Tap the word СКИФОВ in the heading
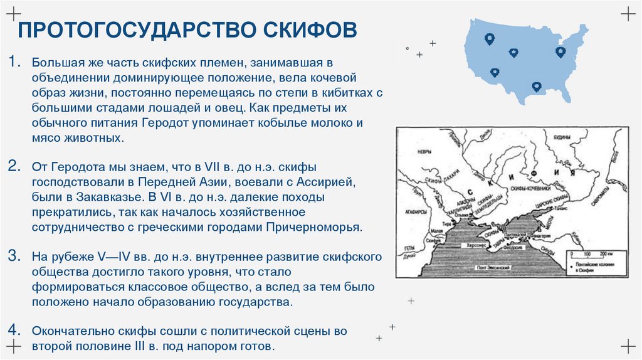pos(309,30)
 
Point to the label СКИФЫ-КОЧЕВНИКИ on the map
pos(530,188)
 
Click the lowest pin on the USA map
pos(536,87)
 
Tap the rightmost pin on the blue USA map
pos(560,51)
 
